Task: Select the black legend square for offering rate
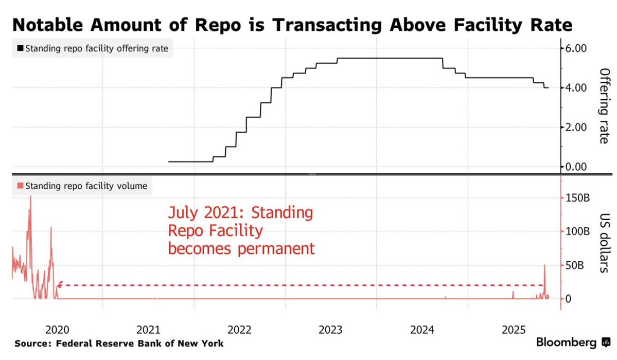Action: click(x=20, y=49)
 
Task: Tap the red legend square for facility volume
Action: click(x=20, y=186)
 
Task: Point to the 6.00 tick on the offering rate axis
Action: click(x=576, y=48)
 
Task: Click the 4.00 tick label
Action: click(x=576, y=88)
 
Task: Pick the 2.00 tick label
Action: click(x=576, y=128)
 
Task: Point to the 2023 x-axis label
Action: click(x=330, y=329)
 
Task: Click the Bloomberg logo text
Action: click(x=567, y=343)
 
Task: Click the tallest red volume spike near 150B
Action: click(x=30, y=197)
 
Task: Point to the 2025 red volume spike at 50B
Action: click(x=544, y=265)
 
